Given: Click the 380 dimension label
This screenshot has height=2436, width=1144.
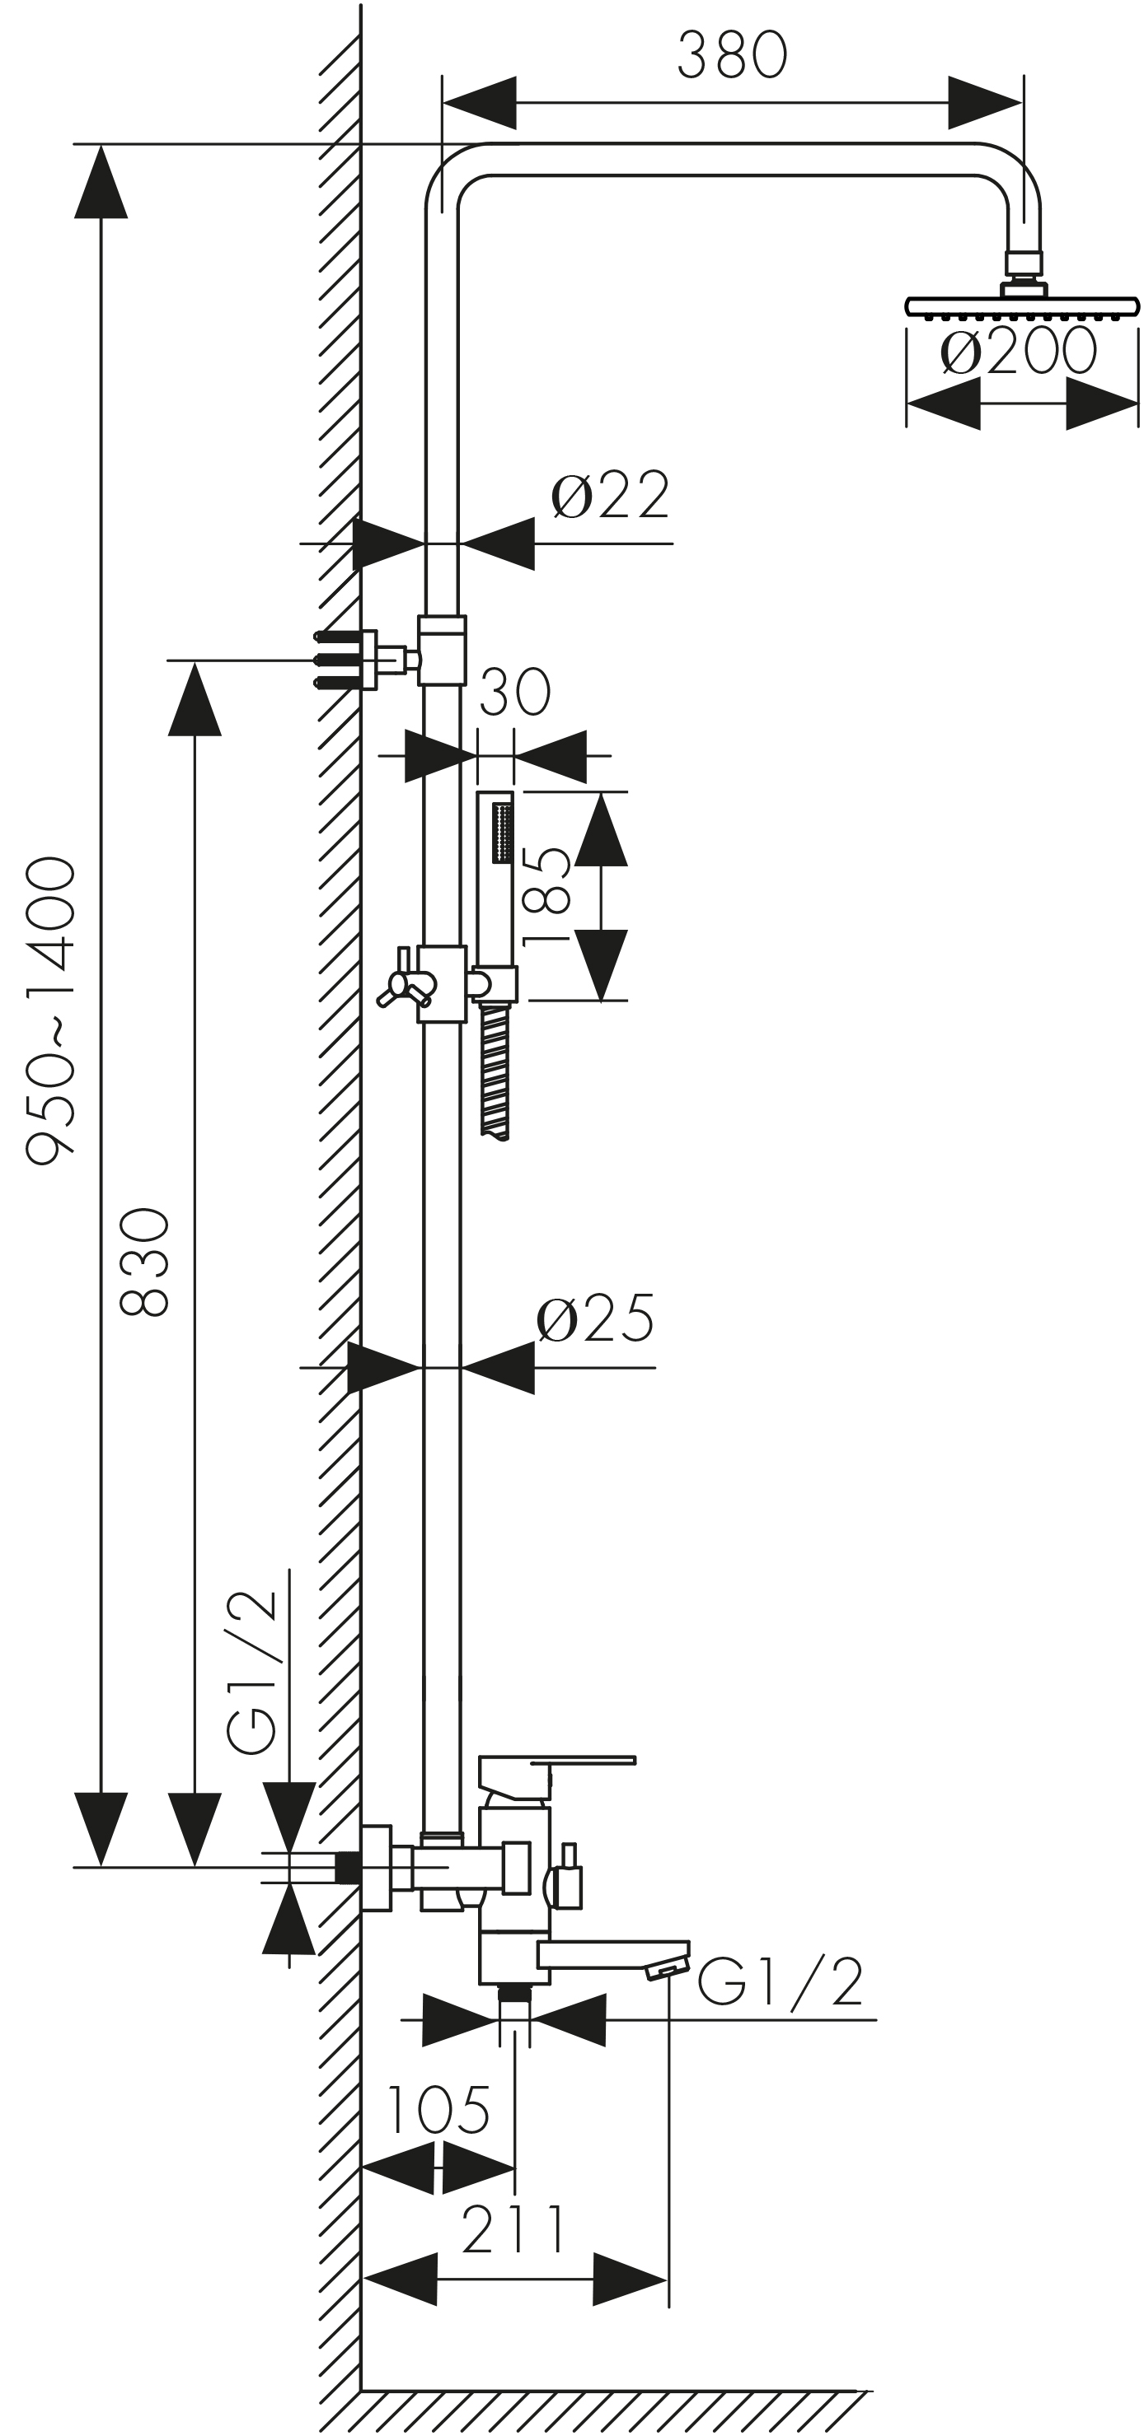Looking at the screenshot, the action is coord(731,55).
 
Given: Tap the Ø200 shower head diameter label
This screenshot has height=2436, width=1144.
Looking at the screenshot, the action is coord(1018,352).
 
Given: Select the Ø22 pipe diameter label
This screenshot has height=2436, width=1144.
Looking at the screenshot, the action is coord(609,495).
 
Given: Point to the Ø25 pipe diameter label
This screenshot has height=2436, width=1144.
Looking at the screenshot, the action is coord(595,1318).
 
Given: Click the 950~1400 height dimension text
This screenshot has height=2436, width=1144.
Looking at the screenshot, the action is coord(50,1010).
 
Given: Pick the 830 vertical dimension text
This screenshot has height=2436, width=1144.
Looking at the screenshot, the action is coord(144,1262).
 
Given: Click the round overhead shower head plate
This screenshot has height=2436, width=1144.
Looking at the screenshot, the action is coord(1022,306).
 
